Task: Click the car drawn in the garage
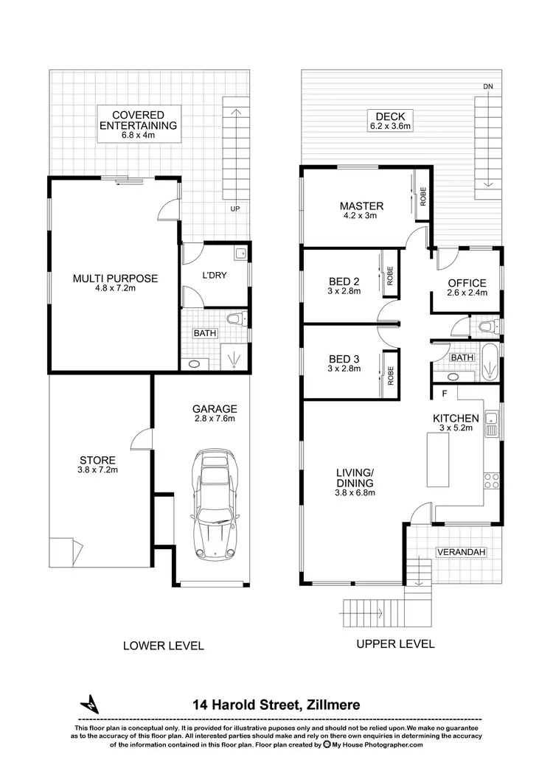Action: [x=213, y=506]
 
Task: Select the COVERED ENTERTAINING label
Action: [x=139, y=120]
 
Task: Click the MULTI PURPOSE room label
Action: [x=115, y=283]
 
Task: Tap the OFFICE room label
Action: [x=467, y=288]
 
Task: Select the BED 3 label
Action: [x=344, y=364]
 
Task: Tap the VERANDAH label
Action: [x=460, y=551]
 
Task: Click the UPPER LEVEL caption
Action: [x=395, y=643]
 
